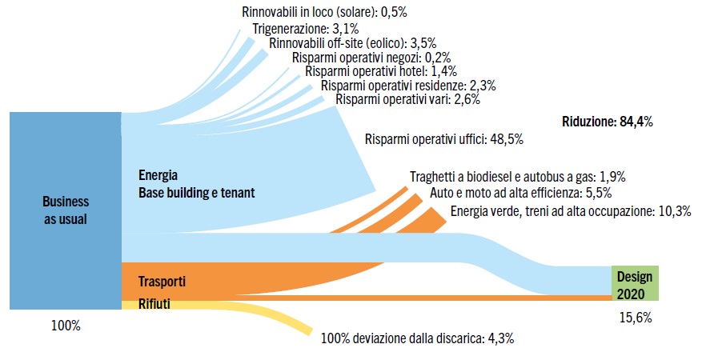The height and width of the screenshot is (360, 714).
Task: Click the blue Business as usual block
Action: tap(65, 210)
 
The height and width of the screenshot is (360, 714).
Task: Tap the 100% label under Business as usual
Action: tap(65, 326)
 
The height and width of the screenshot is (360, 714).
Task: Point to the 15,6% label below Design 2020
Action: tap(635, 317)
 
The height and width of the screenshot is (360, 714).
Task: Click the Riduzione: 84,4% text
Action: tap(608, 122)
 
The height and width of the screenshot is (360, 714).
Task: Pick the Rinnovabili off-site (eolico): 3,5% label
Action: tap(353, 43)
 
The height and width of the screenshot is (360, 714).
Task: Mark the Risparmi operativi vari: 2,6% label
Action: tap(409, 100)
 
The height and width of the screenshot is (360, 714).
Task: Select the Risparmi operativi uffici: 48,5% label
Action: tap(444, 139)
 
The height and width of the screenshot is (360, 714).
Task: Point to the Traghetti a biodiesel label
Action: tap(517, 177)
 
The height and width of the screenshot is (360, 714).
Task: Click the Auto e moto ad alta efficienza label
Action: tap(521, 194)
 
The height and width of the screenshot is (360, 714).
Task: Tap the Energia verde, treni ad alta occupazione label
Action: tap(571, 212)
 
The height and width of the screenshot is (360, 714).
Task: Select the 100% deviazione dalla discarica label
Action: tap(417, 338)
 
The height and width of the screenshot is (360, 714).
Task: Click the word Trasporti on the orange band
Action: tap(162, 282)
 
